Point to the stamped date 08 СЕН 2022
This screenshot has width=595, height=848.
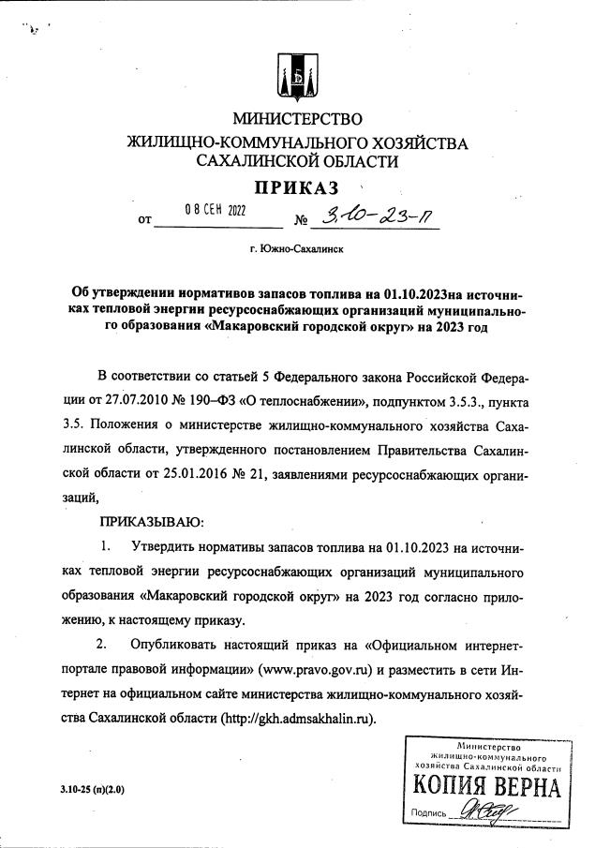click(215, 210)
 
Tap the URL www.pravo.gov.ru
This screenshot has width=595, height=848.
click(319, 670)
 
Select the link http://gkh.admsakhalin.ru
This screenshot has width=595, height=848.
click(298, 719)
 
